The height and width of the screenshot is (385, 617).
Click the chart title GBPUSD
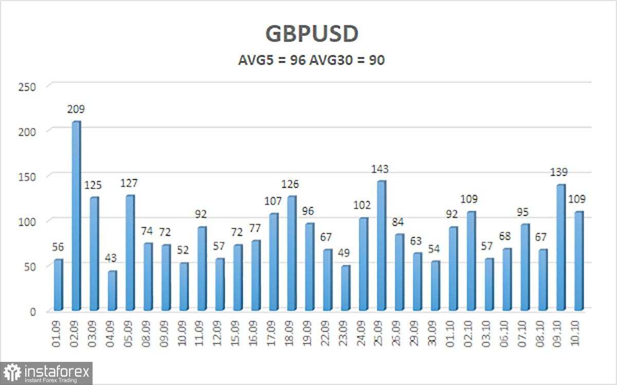pyautogui.click(x=312, y=34)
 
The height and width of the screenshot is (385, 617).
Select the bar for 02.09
pyautogui.click(x=76, y=216)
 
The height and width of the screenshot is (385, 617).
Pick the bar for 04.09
pyautogui.click(x=112, y=290)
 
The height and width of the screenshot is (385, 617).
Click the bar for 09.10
pyautogui.click(x=560, y=247)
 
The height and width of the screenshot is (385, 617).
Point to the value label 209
pyautogui.click(x=76, y=109)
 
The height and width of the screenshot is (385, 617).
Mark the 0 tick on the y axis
pyautogui.click(x=32, y=311)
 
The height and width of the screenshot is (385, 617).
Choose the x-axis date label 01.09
pyautogui.click(x=59, y=335)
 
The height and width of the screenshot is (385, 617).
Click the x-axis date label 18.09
pyautogui.click(x=291, y=335)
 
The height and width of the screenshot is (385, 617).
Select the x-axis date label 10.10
pyautogui.click(x=578, y=335)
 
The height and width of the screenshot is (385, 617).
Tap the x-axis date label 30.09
pyautogui.click(x=434, y=335)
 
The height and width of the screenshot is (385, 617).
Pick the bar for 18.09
pyautogui.click(x=292, y=253)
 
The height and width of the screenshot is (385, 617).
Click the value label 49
pyautogui.click(x=344, y=253)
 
